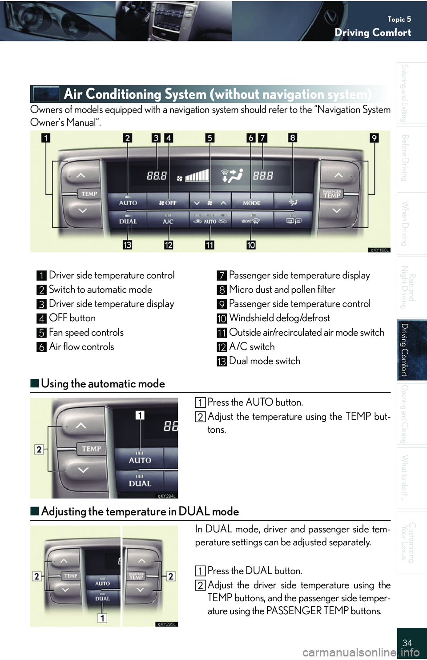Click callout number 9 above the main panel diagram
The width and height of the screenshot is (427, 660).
[x=374, y=138]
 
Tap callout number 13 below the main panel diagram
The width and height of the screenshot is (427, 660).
[x=127, y=245]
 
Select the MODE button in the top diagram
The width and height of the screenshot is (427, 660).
[x=252, y=203]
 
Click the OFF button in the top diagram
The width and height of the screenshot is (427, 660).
[x=168, y=203]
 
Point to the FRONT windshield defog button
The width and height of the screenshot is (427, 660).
[x=251, y=221]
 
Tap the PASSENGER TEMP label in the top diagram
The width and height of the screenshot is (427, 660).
[x=332, y=193]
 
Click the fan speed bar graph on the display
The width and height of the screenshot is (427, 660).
[x=197, y=176]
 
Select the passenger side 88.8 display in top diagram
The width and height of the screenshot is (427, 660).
[x=263, y=176]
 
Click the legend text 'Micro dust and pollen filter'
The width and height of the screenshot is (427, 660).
[x=282, y=290]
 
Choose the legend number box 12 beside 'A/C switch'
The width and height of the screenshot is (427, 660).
[x=222, y=347]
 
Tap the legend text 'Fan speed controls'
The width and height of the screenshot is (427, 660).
[x=86, y=333]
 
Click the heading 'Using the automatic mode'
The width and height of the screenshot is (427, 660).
[x=103, y=383]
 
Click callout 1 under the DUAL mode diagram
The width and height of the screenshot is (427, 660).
[x=102, y=618]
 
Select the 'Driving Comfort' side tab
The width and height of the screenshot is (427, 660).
[x=405, y=350]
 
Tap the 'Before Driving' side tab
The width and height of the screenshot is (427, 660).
[x=405, y=157]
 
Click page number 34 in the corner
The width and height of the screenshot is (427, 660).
[x=407, y=643]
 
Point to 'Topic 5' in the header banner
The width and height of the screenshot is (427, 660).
[x=399, y=19]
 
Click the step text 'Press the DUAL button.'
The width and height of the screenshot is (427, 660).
[x=255, y=571]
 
